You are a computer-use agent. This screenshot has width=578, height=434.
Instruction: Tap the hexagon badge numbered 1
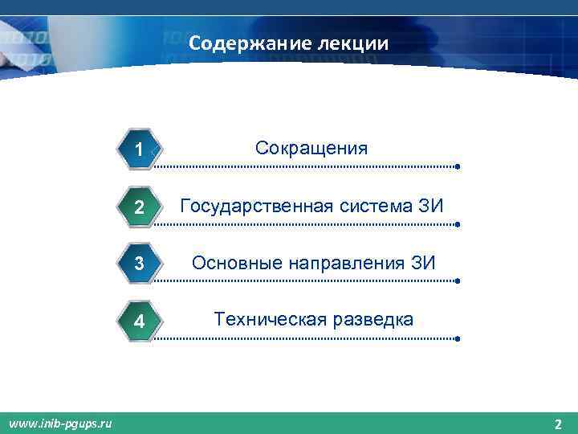click(140, 149)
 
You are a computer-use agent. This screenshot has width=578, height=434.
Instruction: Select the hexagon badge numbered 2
click(140, 207)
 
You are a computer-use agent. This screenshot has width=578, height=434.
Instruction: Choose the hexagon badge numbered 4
click(140, 321)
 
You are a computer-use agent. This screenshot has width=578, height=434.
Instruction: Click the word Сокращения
click(311, 148)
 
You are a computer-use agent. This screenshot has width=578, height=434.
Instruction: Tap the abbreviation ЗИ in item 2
click(430, 206)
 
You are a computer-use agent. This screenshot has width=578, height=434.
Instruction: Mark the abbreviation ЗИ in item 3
click(422, 263)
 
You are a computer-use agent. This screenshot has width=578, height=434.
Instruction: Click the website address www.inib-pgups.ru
click(60, 423)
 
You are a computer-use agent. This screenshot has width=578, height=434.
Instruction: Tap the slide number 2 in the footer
click(558, 424)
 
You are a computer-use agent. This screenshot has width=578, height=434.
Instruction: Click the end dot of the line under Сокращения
click(457, 167)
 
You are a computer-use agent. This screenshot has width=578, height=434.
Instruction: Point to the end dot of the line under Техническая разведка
click(457, 339)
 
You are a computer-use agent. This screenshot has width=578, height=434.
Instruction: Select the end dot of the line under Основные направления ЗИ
click(457, 282)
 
